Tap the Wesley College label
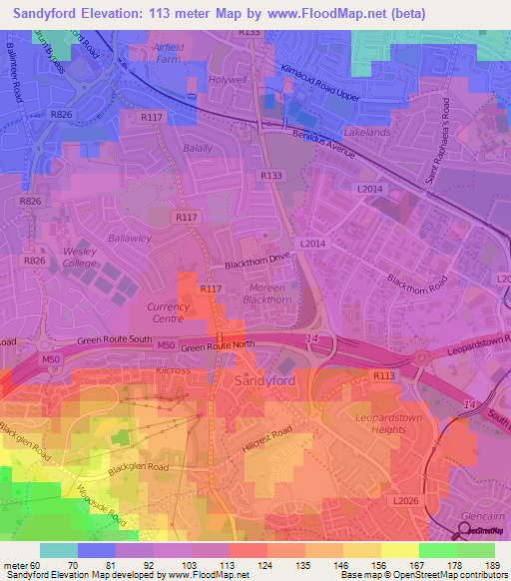tap(79, 257)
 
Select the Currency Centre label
tap(167, 312)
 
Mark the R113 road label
tap(384, 375)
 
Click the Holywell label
tap(227, 79)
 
